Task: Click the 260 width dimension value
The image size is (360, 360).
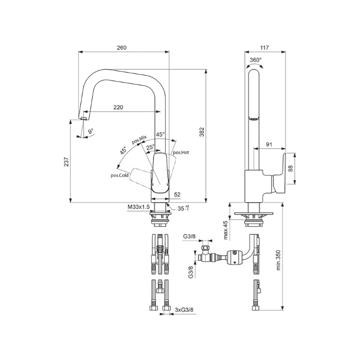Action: click(x=121, y=48)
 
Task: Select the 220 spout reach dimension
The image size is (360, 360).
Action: click(x=118, y=107)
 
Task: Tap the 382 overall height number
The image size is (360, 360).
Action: click(x=202, y=131)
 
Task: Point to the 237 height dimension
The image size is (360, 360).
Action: click(x=66, y=162)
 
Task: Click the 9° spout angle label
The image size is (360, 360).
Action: click(x=91, y=131)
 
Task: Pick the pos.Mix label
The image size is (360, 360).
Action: click(x=139, y=139)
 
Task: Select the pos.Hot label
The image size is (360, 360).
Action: click(x=181, y=152)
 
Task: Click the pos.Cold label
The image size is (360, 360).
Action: click(x=119, y=175)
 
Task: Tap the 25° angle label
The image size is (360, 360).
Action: click(x=151, y=147)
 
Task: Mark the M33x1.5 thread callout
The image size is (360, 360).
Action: click(x=139, y=207)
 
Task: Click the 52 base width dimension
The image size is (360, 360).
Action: click(x=177, y=194)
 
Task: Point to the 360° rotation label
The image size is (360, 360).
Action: click(x=256, y=60)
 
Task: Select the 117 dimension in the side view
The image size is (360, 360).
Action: click(x=265, y=48)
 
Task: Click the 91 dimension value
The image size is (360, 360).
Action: click(x=269, y=144)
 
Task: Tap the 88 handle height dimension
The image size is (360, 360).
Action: click(x=291, y=169)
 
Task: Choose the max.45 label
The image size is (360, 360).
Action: click(x=226, y=230)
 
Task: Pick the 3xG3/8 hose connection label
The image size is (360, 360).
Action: click(x=184, y=310)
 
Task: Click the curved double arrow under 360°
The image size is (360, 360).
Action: click(x=255, y=65)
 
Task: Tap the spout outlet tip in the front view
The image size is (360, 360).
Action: click(x=84, y=118)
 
